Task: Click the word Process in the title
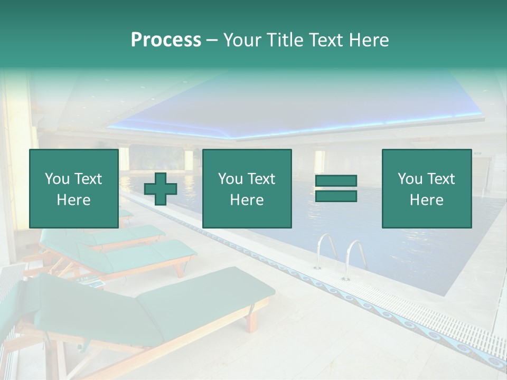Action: (166, 40)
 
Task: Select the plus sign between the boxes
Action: (161, 189)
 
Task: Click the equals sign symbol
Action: (336, 188)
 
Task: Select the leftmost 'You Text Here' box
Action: (73, 189)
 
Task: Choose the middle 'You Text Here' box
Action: (247, 189)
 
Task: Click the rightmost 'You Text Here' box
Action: (426, 189)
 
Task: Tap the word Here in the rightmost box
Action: (426, 200)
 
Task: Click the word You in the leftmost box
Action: (57, 179)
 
